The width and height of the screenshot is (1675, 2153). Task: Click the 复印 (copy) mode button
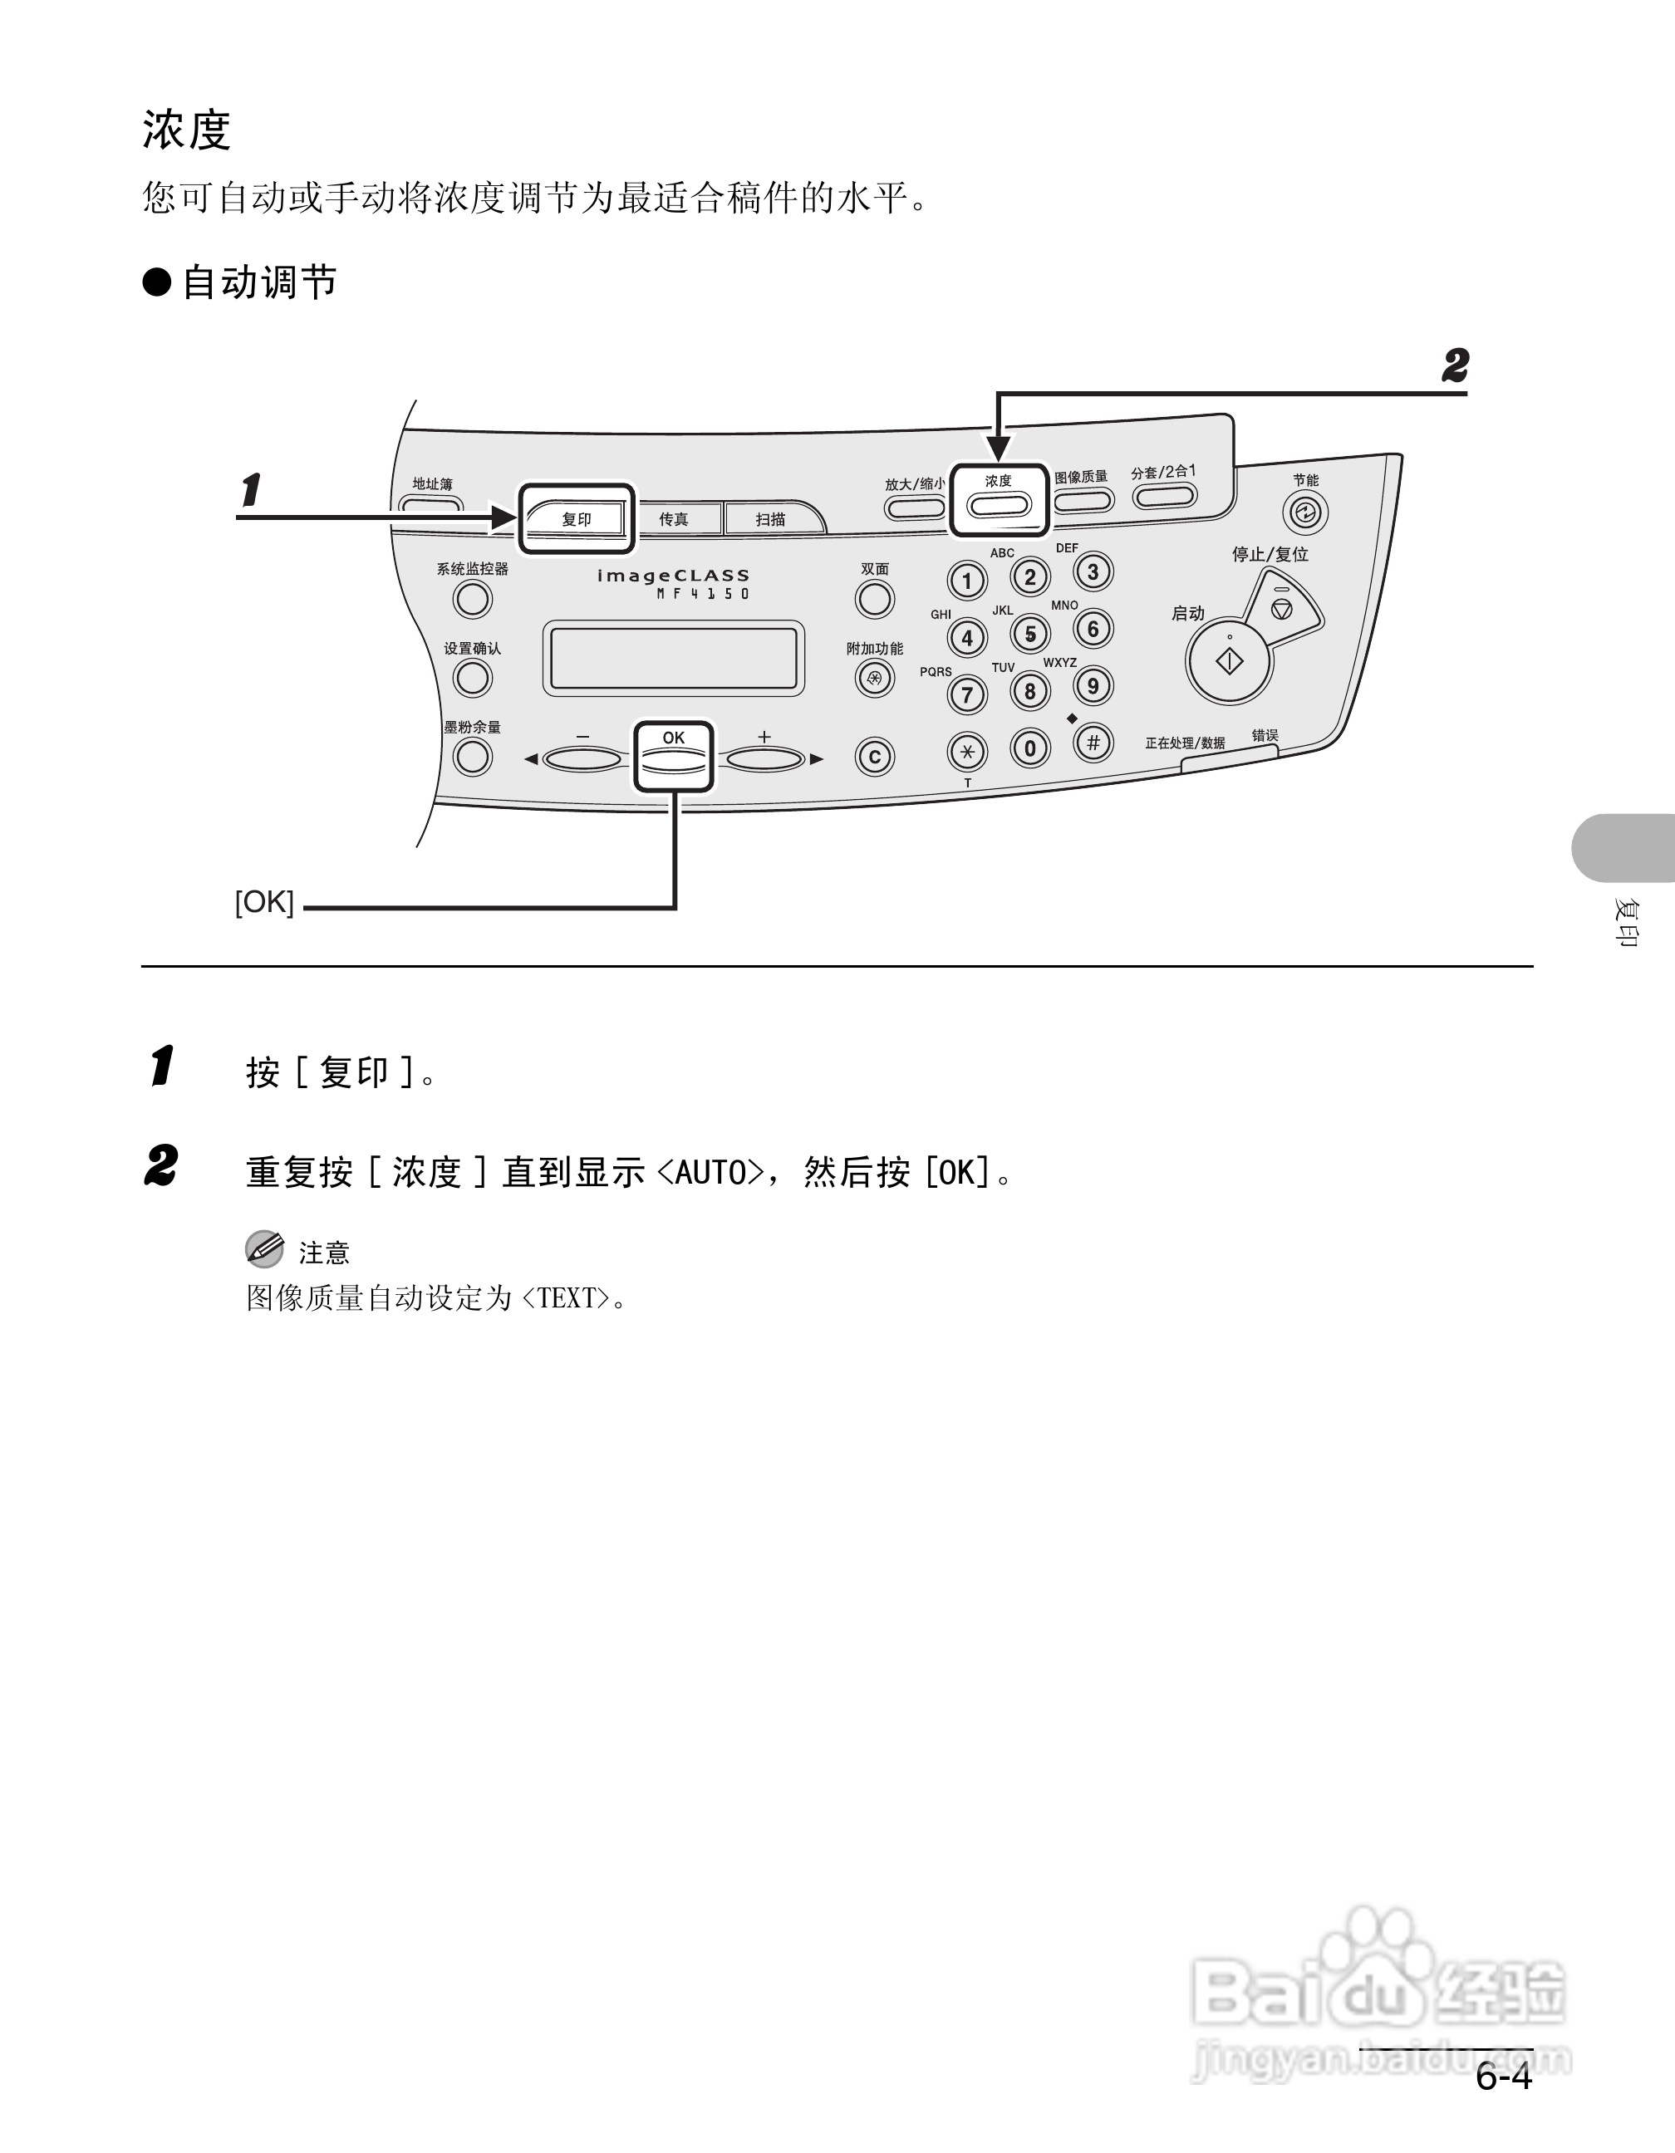pyautogui.click(x=577, y=518)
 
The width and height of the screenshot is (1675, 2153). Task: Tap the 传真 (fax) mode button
pyautogui.click(x=675, y=518)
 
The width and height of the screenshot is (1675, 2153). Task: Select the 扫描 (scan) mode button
pyautogui.click(x=772, y=518)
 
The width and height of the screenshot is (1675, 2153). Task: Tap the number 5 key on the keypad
pyautogui.click(x=1030, y=634)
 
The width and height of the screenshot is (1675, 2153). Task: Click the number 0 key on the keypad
pyautogui.click(x=1030, y=748)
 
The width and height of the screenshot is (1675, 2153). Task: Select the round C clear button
pyautogui.click(x=874, y=757)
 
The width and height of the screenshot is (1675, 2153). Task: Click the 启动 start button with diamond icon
pyautogui.click(x=1230, y=661)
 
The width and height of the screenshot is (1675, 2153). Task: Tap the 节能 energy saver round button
pyautogui.click(x=1305, y=513)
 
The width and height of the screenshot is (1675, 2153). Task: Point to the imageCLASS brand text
pyautogui.click(x=673, y=576)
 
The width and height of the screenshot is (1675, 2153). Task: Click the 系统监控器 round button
pyautogui.click(x=472, y=598)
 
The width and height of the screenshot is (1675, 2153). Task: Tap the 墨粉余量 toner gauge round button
pyautogui.click(x=472, y=756)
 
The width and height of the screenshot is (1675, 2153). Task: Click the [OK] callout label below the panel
pyautogui.click(x=264, y=902)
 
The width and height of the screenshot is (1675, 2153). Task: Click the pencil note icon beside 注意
pyautogui.click(x=264, y=1249)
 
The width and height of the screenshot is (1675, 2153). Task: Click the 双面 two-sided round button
pyautogui.click(x=874, y=598)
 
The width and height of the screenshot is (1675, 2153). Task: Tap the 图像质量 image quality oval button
pyautogui.click(x=1083, y=500)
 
